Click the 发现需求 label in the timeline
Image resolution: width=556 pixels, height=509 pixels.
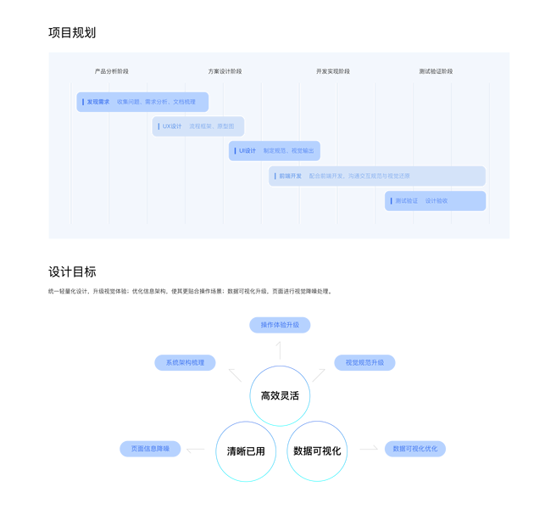pos(98,102)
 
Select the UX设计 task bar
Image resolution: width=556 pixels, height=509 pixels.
pos(198,126)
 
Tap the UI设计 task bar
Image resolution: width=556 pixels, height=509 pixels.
pos(275,151)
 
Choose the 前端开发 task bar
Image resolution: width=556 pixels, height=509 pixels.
pos(377,176)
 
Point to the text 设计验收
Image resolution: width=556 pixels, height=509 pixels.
pos(436,201)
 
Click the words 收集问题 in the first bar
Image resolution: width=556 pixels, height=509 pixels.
pos(129,102)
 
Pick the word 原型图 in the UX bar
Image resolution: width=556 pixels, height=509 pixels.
pos(225,126)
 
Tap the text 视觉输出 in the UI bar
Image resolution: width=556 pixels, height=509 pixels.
pos(303,151)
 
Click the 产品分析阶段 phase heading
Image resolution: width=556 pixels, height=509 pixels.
pos(111,71)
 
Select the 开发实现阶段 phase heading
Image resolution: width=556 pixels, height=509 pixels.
pos(333,71)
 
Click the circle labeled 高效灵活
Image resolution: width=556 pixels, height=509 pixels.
pos(280,395)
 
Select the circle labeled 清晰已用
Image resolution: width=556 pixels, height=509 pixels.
pos(246,451)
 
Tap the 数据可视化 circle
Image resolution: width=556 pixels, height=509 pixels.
pos(317,451)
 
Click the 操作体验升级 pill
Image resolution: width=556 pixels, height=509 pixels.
pos(280,325)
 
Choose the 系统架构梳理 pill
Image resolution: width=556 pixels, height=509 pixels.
pos(185,362)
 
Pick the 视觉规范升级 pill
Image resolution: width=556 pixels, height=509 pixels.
pos(364,362)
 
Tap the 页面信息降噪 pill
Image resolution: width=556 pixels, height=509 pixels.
pos(150,449)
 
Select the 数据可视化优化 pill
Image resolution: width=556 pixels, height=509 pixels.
pos(415,449)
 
